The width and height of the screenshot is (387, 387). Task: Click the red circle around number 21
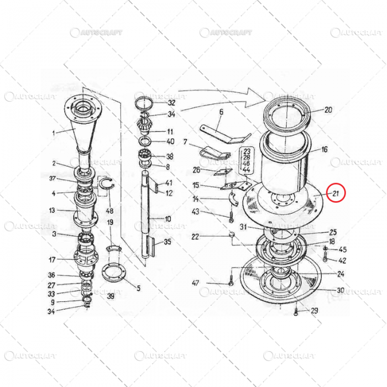coord(336,193)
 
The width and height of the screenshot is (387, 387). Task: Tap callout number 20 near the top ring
coord(328,110)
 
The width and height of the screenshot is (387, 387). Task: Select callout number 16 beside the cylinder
coord(325,149)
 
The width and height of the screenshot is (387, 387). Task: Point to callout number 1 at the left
coord(54,133)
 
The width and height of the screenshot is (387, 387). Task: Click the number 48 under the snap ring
coord(109,211)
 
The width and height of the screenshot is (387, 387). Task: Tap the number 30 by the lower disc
coord(341,290)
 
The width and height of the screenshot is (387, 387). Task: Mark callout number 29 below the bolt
coord(314,311)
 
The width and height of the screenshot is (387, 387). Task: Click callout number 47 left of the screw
coord(195,283)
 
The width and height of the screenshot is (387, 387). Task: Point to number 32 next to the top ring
coord(171,103)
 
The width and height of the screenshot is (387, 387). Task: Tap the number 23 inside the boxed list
coord(247,150)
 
